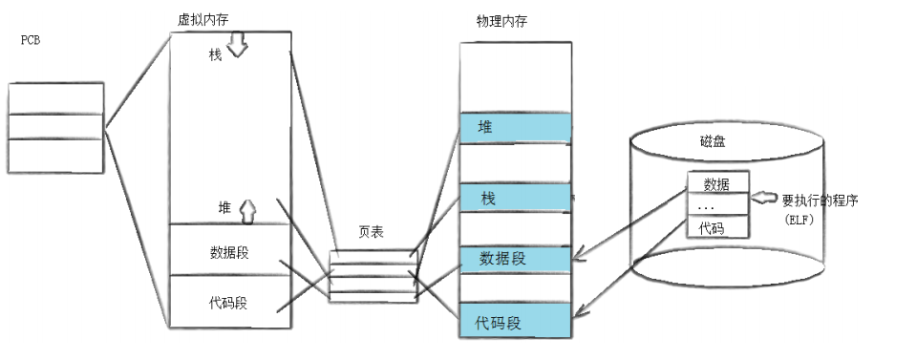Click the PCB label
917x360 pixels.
pyautogui.click(x=30, y=42)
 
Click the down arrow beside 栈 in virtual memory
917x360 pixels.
pyautogui.click(x=237, y=47)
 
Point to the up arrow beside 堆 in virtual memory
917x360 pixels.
pyautogui.click(x=247, y=209)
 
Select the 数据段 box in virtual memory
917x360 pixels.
pyautogui.click(x=229, y=252)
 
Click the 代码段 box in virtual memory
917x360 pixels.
pyautogui.click(x=229, y=303)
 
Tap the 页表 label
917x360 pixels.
pyautogui.click(x=372, y=232)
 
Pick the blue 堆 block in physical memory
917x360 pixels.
pyautogui.click(x=515, y=127)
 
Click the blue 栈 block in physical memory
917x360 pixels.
pyautogui.click(x=515, y=199)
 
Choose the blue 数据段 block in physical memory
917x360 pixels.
pyautogui.click(x=515, y=258)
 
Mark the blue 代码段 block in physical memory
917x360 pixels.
pyautogui.click(x=515, y=322)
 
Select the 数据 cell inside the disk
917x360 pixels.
pyautogui.click(x=716, y=183)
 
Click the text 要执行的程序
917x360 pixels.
pyautogui.click(x=820, y=201)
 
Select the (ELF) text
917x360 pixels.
pyautogui.click(x=799, y=220)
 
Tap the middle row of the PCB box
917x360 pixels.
pyautogui.click(x=56, y=127)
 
